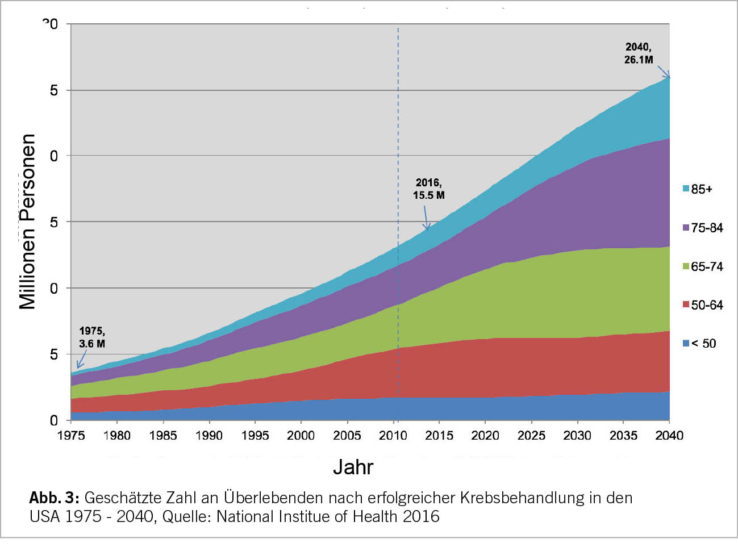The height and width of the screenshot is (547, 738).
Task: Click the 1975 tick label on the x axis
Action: (x=71, y=436)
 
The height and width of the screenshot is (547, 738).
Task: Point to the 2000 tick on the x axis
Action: (x=301, y=436)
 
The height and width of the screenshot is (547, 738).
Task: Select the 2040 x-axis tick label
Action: (x=669, y=436)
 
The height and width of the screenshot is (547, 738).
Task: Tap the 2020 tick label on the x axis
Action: (x=485, y=436)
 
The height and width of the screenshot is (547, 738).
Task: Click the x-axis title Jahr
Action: (x=353, y=467)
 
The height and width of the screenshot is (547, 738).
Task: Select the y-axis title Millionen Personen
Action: (x=27, y=222)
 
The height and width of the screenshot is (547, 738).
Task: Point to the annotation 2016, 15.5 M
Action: (x=428, y=189)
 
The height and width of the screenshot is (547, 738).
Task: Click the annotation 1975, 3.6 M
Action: (x=92, y=337)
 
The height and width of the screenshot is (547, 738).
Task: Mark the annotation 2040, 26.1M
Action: (x=639, y=53)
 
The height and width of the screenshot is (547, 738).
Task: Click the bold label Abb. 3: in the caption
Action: (x=54, y=498)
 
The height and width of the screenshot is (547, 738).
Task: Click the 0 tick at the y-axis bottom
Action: (x=54, y=420)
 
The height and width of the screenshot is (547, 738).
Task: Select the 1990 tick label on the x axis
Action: (x=209, y=436)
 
